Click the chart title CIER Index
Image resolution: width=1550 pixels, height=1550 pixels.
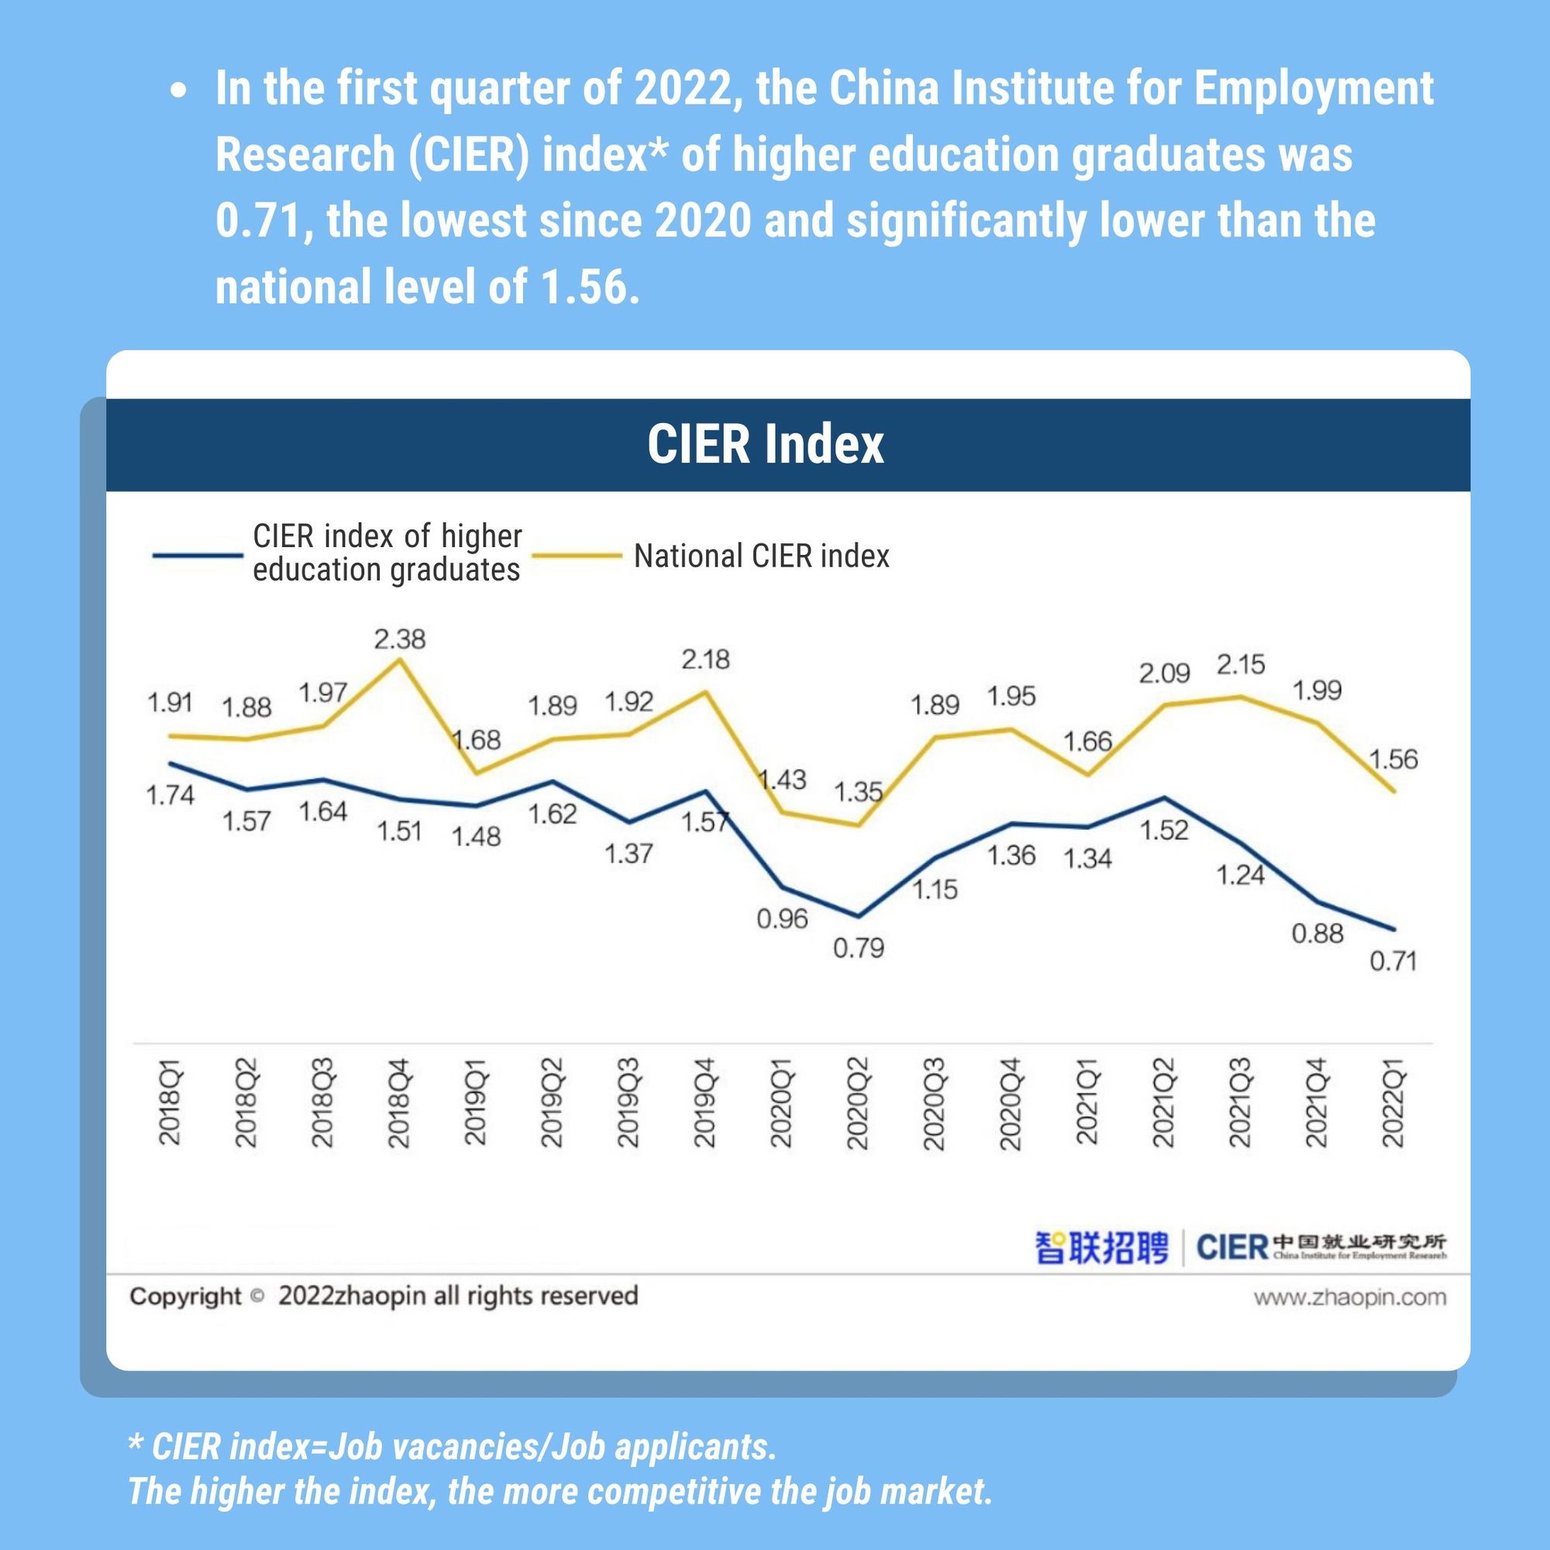click(766, 443)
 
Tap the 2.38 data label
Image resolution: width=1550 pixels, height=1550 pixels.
click(400, 639)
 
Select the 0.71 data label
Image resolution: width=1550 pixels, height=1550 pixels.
click(1393, 960)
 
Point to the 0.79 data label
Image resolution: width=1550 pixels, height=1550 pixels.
click(859, 949)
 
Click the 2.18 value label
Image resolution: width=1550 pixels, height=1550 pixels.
click(705, 660)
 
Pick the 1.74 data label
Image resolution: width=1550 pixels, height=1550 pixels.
click(170, 795)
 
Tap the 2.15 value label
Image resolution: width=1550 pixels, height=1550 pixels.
click(1240, 664)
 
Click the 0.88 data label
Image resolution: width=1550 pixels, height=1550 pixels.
click(1317, 933)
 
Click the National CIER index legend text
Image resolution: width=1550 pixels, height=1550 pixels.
click(761, 556)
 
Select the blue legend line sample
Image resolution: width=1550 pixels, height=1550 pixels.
click(198, 554)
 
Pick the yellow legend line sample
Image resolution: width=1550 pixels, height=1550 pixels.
click(577, 555)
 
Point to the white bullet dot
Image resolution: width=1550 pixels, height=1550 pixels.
click(179, 91)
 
